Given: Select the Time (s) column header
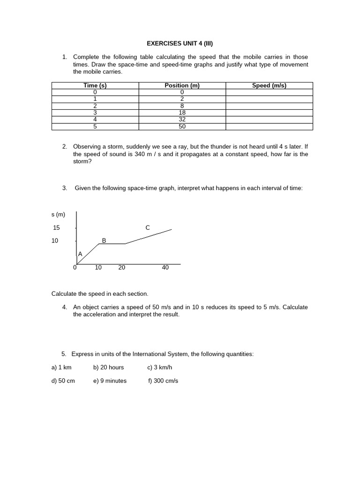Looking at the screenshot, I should [x=95, y=85].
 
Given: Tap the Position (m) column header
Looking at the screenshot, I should [x=182, y=85].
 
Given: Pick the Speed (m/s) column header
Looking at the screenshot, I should [x=269, y=85].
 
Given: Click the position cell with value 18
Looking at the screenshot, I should [x=182, y=112].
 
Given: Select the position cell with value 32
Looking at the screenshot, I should [x=182, y=120].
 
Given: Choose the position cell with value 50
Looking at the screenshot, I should [x=182, y=127].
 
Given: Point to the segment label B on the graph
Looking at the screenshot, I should [x=104, y=240].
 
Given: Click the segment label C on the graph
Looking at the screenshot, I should [x=148, y=228].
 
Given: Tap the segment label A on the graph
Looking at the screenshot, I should [x=80, y=254].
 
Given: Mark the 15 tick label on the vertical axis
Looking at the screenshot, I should [x=57, y=228].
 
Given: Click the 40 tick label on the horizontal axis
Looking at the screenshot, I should [x=165, y=268].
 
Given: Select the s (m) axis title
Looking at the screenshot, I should [x=58, y=215].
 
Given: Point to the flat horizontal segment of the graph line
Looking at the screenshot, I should [x=112, y=244].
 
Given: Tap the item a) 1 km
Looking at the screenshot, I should [x=61, y=367].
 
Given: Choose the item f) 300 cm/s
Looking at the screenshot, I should [x=163, y=381].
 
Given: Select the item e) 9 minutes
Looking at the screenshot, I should [x=110, y=381].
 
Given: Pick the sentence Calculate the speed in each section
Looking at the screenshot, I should [x=99, y=294].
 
